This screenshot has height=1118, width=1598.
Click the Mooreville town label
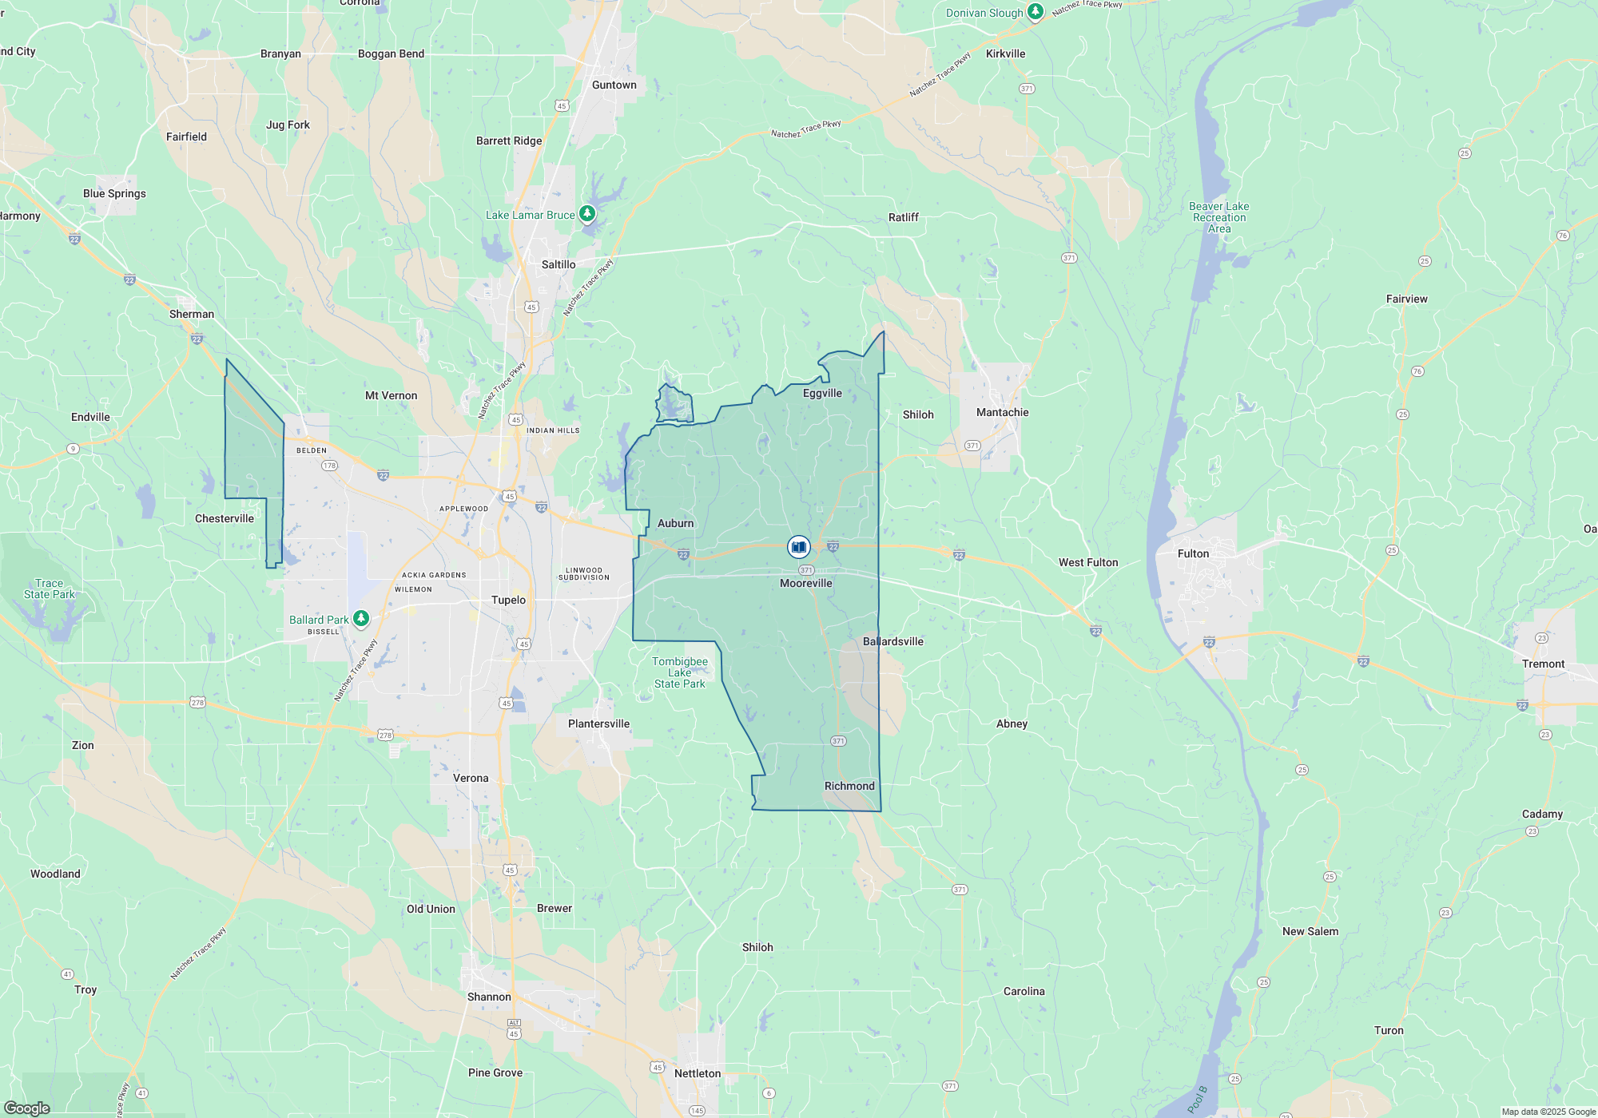coord(805,584)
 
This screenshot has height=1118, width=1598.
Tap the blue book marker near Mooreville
coord(798,547)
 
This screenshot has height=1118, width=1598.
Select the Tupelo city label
coord(508,600)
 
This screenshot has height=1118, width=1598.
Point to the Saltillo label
coord(558,264)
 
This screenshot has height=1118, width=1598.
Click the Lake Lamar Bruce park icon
coord(587,213)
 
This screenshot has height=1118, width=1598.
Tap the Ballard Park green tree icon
coord(361,618)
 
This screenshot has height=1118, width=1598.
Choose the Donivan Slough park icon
coord(1036,12)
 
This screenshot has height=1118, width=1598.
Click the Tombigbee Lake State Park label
coord(679,672)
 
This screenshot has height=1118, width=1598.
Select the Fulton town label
coord(1193,553)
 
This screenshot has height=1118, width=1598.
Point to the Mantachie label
coord(1002,412)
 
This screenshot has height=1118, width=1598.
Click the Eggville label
coord(822,393)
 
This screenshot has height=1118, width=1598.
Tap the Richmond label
coord(849,786)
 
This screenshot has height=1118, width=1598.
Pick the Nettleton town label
coord(697,1073)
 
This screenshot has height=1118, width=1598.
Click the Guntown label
coord(614,85)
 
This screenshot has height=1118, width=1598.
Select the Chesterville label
coord(224,518)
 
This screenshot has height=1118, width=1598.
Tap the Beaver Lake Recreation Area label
coord(1218,217)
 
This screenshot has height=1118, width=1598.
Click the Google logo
coord(27,1108)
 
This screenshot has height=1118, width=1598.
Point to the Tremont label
coord(1543,664)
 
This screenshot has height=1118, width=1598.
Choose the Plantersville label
coord(598,724)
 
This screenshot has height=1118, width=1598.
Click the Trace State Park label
coord(49,589)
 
